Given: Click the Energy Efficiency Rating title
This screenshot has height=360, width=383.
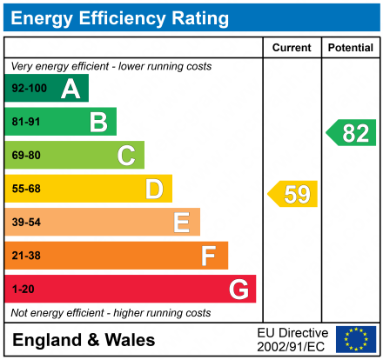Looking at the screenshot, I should [121, 17].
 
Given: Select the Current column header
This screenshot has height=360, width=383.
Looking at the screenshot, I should [292, 48].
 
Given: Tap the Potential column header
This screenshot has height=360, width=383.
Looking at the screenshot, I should [350, 48].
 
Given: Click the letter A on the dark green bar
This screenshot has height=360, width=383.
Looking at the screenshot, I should [71, 89].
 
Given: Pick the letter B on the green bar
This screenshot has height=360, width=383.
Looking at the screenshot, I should [98, 122].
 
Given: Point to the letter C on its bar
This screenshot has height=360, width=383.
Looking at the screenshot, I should [126, 156].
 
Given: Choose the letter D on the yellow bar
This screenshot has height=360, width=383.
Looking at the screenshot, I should [154, 189].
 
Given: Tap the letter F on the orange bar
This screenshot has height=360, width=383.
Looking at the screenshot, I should [209, 256].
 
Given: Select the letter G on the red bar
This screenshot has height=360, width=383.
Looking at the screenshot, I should [238, 289].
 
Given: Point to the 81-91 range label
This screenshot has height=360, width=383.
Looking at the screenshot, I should [25, 122].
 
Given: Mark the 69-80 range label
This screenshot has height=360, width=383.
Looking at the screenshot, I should [25, 156].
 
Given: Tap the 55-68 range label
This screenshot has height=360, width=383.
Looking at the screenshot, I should [25, 189].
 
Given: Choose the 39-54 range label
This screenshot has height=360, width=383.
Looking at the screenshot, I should [25, 223].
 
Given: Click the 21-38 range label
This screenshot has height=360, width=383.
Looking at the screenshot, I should [25, 256].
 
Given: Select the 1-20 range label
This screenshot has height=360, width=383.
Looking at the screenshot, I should [22, 289].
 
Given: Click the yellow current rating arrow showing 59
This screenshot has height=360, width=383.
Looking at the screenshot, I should [293, 194].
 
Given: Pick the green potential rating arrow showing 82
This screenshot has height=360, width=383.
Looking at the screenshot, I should [352, 133].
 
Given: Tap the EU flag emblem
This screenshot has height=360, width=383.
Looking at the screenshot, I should [355, 339].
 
